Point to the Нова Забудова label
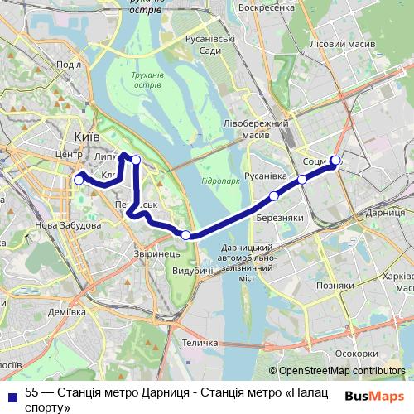pos(68,225)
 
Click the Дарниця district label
pos(383,213)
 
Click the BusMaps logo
pos(373,395)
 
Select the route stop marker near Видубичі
pos(185,235)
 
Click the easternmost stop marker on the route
pos(335,161)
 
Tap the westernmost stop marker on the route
pos(79,179)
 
